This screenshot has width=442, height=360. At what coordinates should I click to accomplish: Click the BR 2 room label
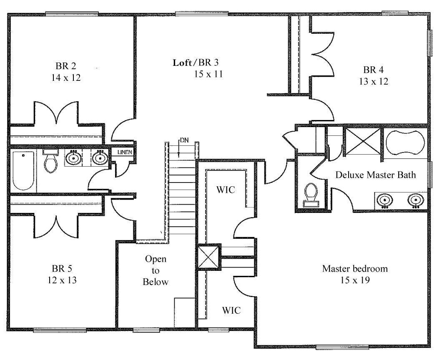point(65,66)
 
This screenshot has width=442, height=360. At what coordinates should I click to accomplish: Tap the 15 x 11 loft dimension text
point(208,75)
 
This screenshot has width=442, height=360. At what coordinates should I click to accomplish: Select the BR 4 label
point(372,70)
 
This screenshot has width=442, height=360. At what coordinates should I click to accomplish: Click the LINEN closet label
point(126,152)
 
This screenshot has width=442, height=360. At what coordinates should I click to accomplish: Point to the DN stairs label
point(184,140)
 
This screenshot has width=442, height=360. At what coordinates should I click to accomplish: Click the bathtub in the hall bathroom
point(23,171)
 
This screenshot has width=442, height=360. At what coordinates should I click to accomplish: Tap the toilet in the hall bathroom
point(51,162)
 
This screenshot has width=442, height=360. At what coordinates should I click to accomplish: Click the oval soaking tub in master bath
point(405,142)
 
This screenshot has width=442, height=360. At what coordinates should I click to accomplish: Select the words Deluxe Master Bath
point(375,175)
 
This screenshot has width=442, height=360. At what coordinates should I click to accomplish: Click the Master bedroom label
point(354,269)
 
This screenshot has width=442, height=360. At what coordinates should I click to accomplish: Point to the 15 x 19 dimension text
point(354,280)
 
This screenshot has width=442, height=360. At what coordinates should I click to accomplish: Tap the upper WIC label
point(226,190)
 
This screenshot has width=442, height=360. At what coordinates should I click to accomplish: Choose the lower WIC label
point(231,310)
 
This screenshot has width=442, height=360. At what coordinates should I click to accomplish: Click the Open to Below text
point(156,270)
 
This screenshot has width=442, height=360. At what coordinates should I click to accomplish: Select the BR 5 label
point(62,268)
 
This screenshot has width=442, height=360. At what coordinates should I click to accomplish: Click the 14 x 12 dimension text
point(65,77)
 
